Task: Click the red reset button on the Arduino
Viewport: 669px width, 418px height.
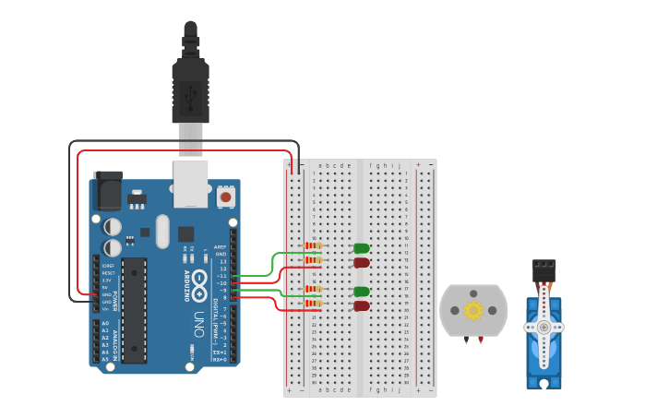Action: [225, 197]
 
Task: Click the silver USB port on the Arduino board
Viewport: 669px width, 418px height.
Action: [191, 184]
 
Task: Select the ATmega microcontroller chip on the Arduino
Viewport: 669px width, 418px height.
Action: [134, 309]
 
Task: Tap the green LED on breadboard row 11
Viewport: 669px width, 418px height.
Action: [362, 248]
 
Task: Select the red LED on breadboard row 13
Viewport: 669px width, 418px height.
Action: [362, 263]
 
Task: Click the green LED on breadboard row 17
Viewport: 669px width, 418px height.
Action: [362, 292]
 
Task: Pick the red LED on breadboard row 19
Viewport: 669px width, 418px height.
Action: [362, 305]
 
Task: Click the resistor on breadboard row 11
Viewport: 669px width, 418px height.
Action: [314, 245]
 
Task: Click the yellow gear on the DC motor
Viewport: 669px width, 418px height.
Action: [473, 310]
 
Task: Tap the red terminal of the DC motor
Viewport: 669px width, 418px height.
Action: [480, 340]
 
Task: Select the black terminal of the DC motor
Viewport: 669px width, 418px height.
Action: [467, 340]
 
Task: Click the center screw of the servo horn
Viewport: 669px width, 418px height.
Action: [544, 327]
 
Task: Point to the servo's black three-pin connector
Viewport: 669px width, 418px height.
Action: [544, 269]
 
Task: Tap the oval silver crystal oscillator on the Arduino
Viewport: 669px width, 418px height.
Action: [163, 232]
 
